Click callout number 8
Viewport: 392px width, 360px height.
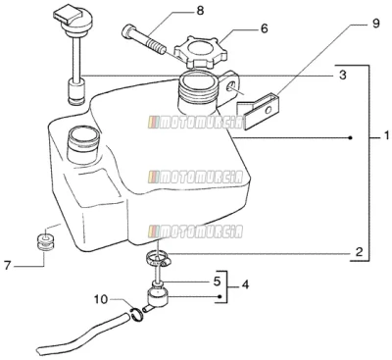[x=200, y=11]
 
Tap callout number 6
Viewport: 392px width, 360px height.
[x=264, y=28]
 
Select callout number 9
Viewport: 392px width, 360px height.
[x=375, y=24]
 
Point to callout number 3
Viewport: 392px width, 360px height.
[x=342, y=75]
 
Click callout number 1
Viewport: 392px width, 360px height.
[x=386, y=135]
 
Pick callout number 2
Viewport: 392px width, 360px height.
[x=359, y=252]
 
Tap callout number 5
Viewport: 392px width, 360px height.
[x=218, y=282]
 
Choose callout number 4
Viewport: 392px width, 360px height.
[x=245, y=284]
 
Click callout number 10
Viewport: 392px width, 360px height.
[x=101, y=299]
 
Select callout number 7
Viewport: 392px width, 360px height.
[x=8, y=265]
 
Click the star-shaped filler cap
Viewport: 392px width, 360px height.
[x=196, y=51]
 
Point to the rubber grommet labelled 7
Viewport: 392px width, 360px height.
[x=45, y=242]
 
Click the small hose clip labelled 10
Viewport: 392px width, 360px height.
[x=137, y=314]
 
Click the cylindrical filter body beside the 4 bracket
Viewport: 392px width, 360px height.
[x=158, y=295]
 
